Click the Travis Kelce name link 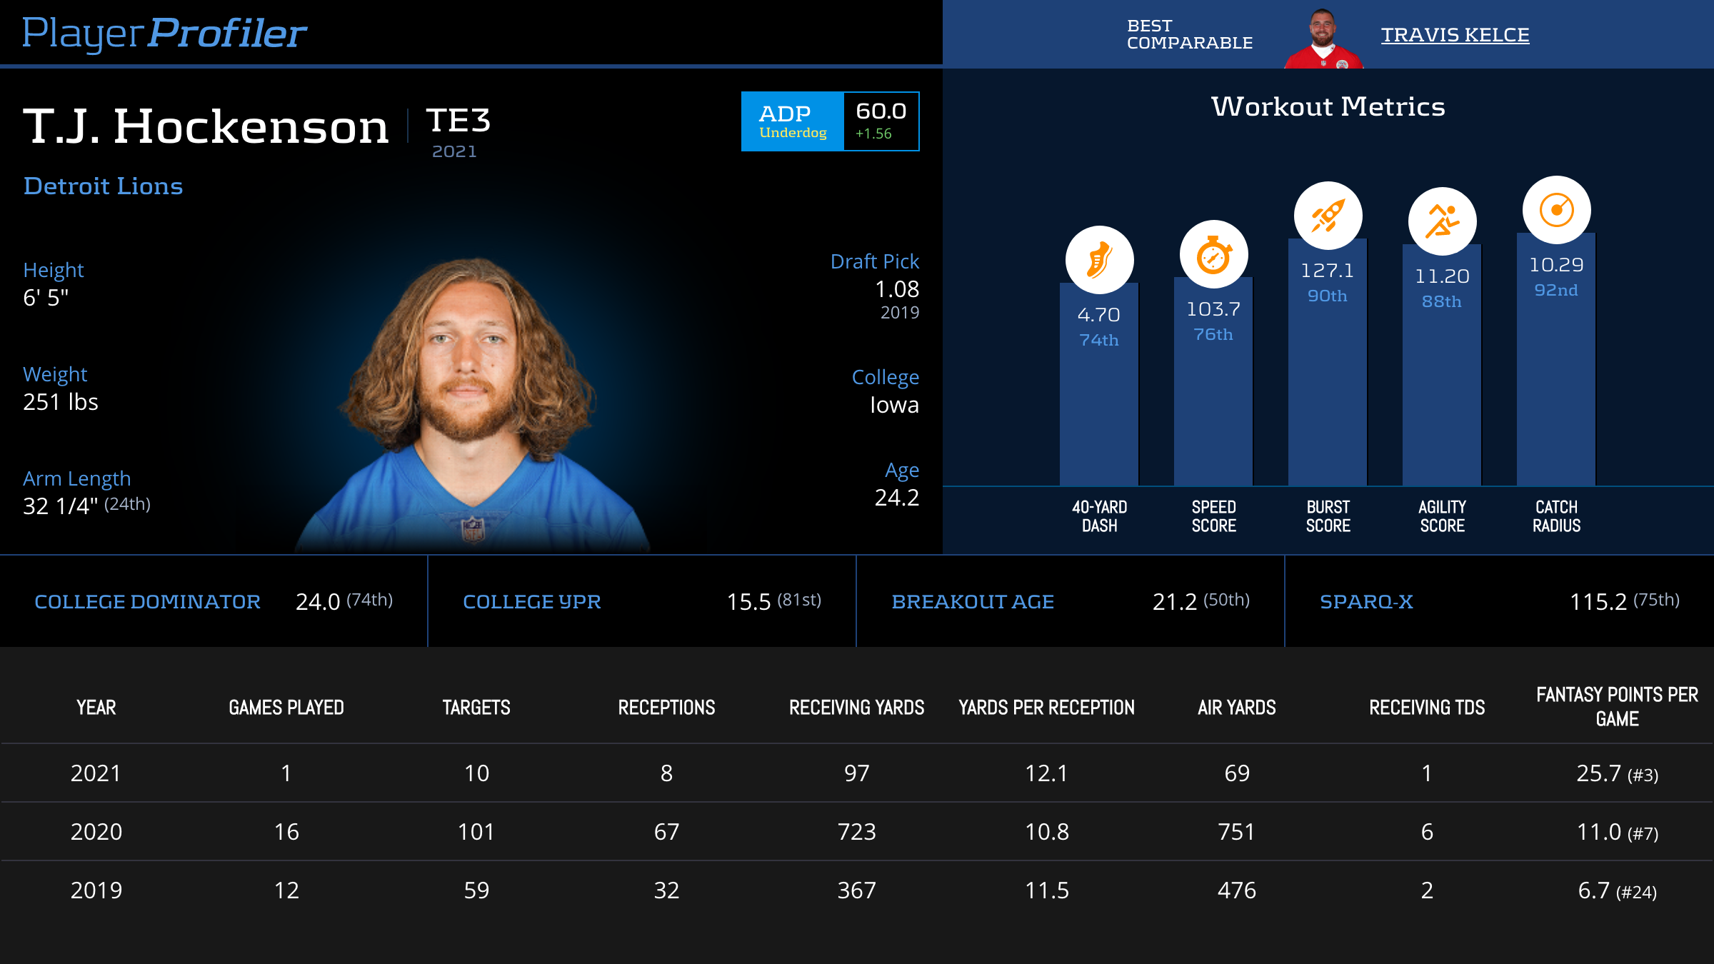(x=1455, y=35)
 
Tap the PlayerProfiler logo (x=164, y=33)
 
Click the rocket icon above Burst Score (x=1328, y=216)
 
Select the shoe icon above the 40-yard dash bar (x=1099, y=260)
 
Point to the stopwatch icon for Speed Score (x=1213, y=255)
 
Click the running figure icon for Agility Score (x=1442, y=221)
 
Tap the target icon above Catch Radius (x=1556, y=210)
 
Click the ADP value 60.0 (x=881, y=111)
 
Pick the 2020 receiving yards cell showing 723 (x=856, y=832)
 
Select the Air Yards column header (x=1236, y=708)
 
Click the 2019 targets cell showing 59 (x=476, y=890)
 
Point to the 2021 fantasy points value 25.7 (x=1599, y=773)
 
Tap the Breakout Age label (x=973, y=602)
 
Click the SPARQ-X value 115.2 (x=1598, y=602)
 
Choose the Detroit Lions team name (x=104, y=186)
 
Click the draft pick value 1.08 (x=897, y=289)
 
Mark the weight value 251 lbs (x=61, y=402)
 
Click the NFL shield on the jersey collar (x=473, y=529)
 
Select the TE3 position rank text (x=458, y=120)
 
